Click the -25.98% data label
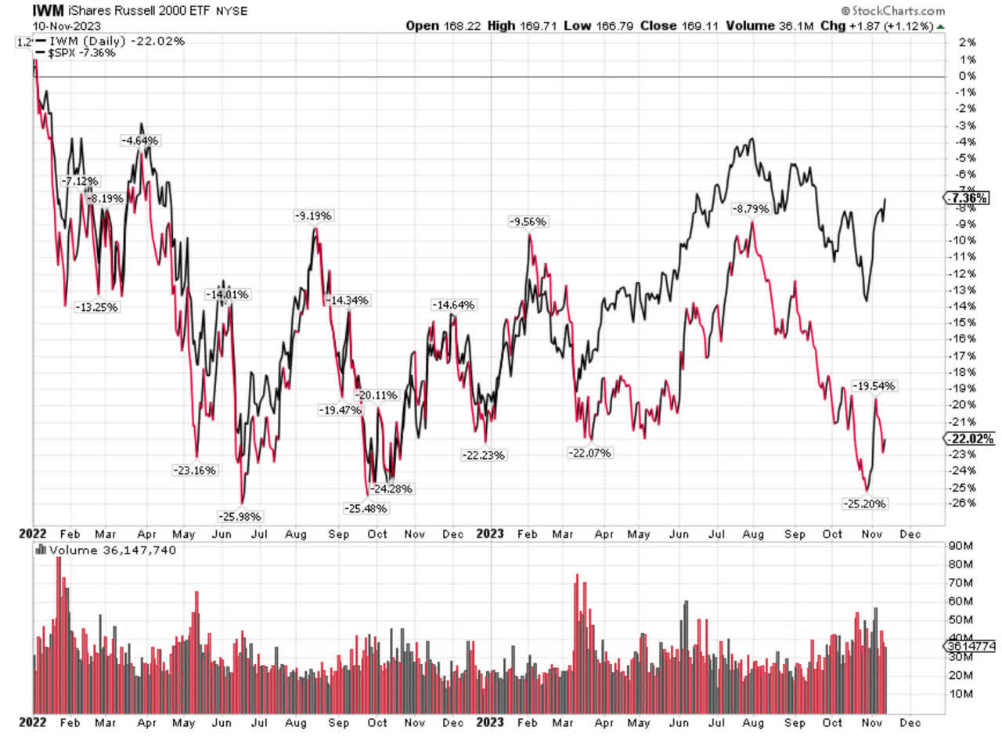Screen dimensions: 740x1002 tap(240, 516)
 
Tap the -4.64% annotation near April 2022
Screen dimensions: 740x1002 tap(140, 140)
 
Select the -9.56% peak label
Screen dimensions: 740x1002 tap(529, 222)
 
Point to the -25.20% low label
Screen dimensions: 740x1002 tap(864, 504)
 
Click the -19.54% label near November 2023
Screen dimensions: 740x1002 tap(874, 386)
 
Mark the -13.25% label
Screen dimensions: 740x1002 tap(96, 307)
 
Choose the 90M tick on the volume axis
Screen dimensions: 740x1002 tap(960, 545)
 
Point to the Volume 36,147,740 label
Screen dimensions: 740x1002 tap(113, 550)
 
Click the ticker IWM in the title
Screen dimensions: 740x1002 tap(25, 11)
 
